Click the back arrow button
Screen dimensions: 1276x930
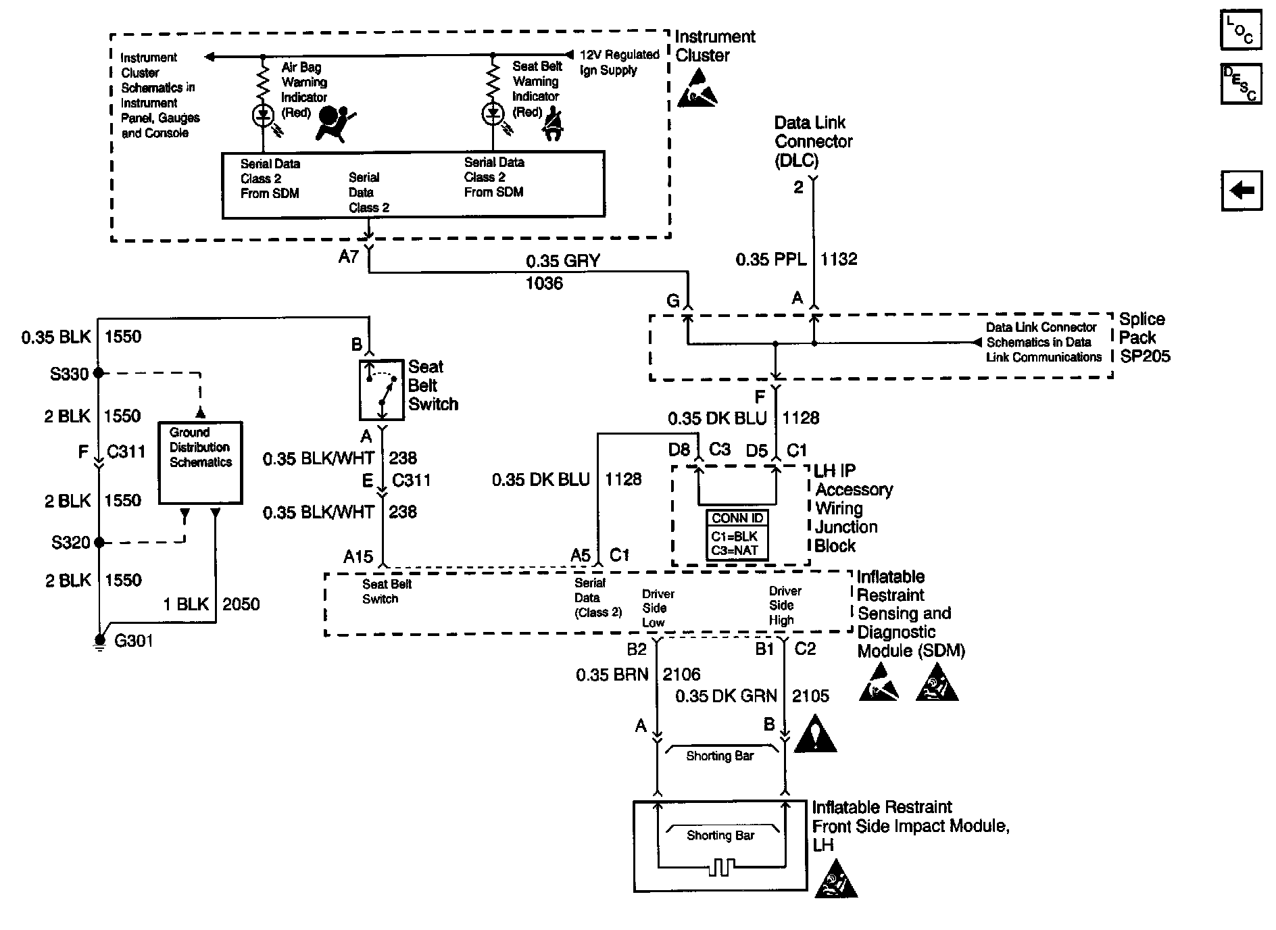(1242, 191)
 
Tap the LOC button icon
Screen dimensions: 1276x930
(1241, 30)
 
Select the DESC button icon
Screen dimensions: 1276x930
(1241, 84)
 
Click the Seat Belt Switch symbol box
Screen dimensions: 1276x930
(381, 390)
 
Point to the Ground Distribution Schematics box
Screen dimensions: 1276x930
(200, 463)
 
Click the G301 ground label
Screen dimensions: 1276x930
(134, 641)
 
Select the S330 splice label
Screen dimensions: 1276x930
(70, 374)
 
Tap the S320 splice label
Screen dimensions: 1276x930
(71, 542)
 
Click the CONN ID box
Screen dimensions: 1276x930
(737, 534)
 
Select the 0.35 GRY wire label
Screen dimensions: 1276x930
(563, 261)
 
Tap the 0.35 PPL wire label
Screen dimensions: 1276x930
(771, 259)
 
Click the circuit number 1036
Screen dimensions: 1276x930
(544, 283)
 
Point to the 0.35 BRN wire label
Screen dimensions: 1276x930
(612, 675)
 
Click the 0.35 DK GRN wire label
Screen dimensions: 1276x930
(727, 696)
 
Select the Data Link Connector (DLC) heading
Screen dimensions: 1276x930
(813, 141)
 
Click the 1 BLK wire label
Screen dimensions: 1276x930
(187, 604)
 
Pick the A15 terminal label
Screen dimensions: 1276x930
(358, 556)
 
